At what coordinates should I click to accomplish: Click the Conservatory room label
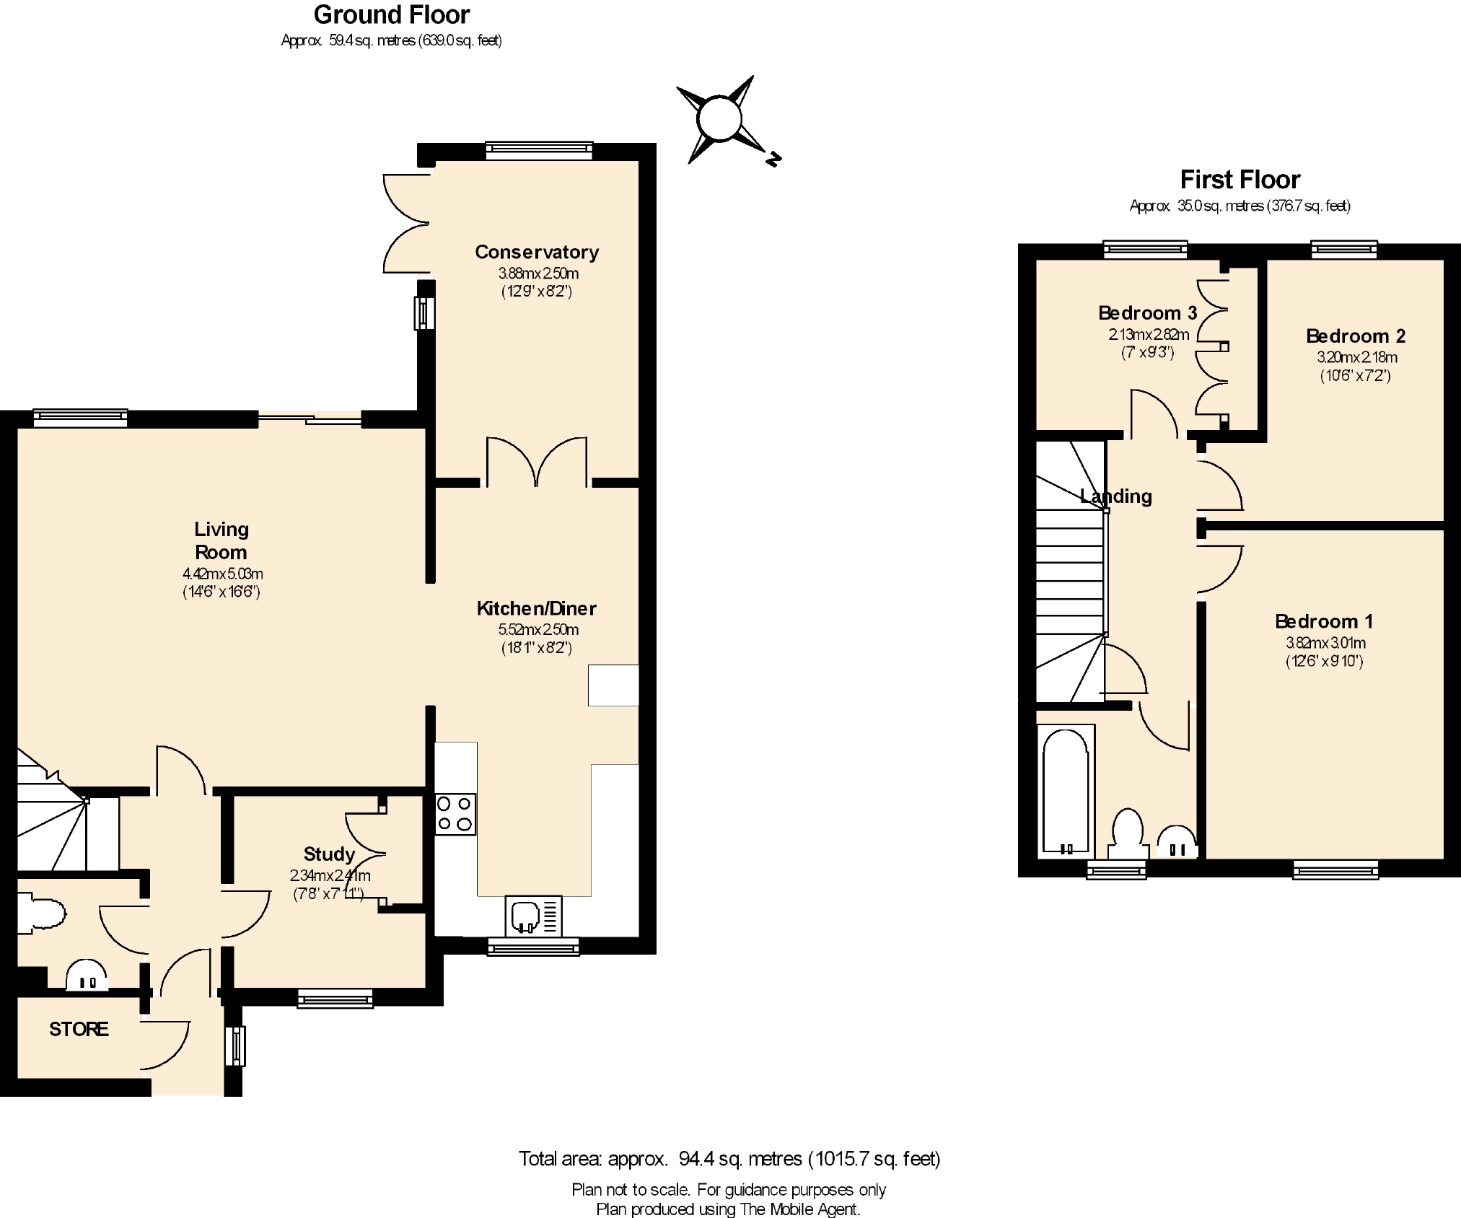537,252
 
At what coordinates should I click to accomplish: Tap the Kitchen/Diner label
537,608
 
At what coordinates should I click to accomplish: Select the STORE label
79,1029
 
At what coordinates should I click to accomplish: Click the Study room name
329,854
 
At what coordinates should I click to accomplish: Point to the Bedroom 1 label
1324,621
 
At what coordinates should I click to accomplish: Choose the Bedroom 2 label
1356,336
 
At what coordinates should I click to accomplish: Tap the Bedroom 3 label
1147,313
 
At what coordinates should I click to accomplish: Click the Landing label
1116,496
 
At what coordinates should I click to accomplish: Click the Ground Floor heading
392,14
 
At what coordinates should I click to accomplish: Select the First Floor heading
1240,179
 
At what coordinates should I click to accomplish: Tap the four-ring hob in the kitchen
455,814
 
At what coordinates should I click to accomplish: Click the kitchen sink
534,916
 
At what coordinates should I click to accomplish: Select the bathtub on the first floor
1066,792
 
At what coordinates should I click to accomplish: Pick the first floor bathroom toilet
1128,834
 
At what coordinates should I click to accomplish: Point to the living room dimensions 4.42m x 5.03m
221,574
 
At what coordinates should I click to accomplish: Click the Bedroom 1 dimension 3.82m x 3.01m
1325,643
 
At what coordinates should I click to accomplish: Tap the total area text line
729,1159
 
